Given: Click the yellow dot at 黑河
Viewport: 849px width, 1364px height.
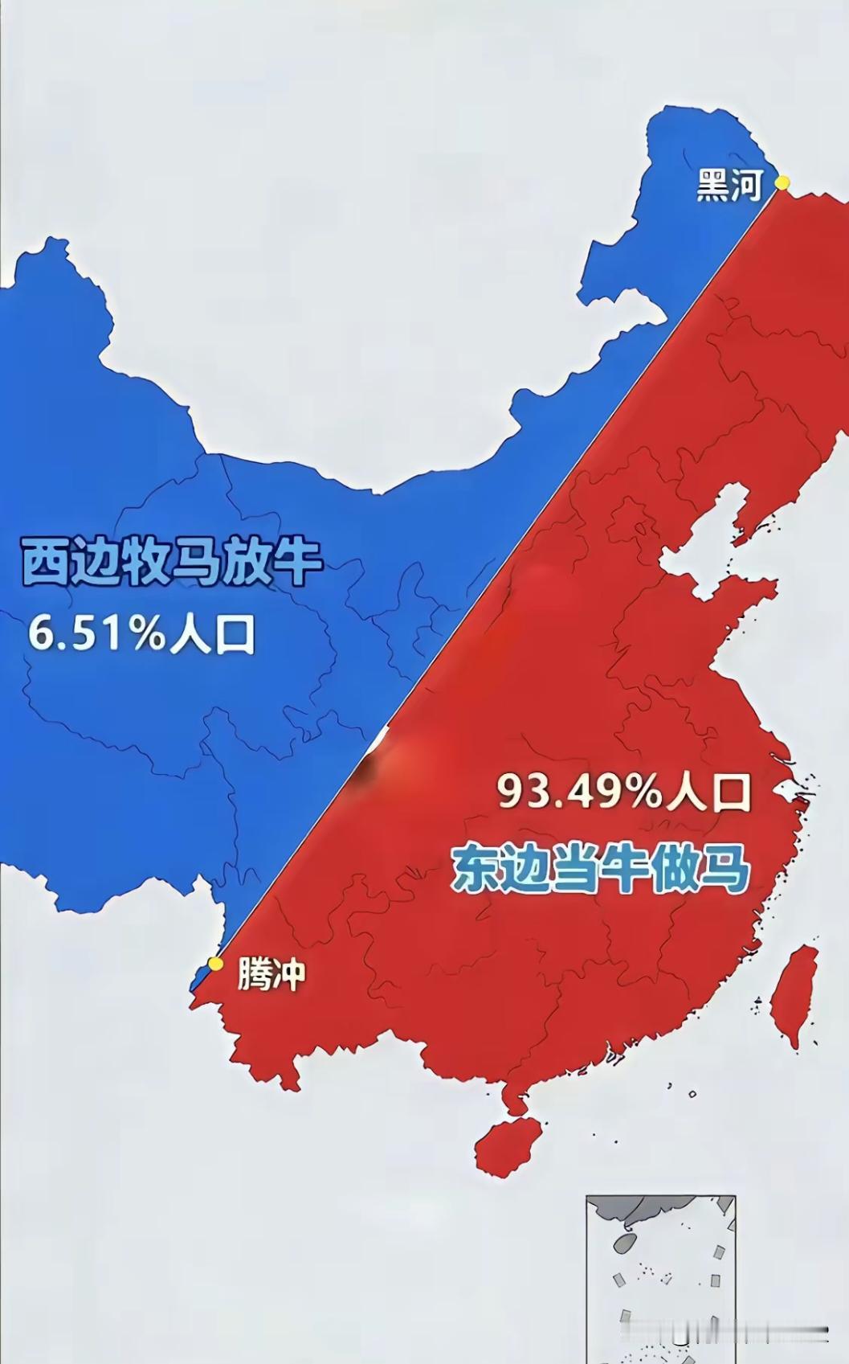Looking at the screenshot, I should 782,183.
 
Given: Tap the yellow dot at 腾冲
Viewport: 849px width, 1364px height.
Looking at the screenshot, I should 215,963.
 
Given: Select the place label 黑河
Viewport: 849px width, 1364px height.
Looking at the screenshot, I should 729,186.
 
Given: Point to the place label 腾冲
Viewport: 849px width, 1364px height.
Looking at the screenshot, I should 271,975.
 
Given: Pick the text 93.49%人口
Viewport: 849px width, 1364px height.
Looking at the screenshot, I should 623,792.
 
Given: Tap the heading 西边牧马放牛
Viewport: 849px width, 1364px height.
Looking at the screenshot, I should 171,563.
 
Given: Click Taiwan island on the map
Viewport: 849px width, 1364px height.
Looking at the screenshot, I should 794,996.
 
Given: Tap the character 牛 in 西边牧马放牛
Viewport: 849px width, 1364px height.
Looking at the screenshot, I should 298,563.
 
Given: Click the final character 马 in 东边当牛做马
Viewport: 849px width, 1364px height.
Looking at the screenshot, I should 725,870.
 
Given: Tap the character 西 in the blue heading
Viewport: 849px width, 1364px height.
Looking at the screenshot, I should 45,563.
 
